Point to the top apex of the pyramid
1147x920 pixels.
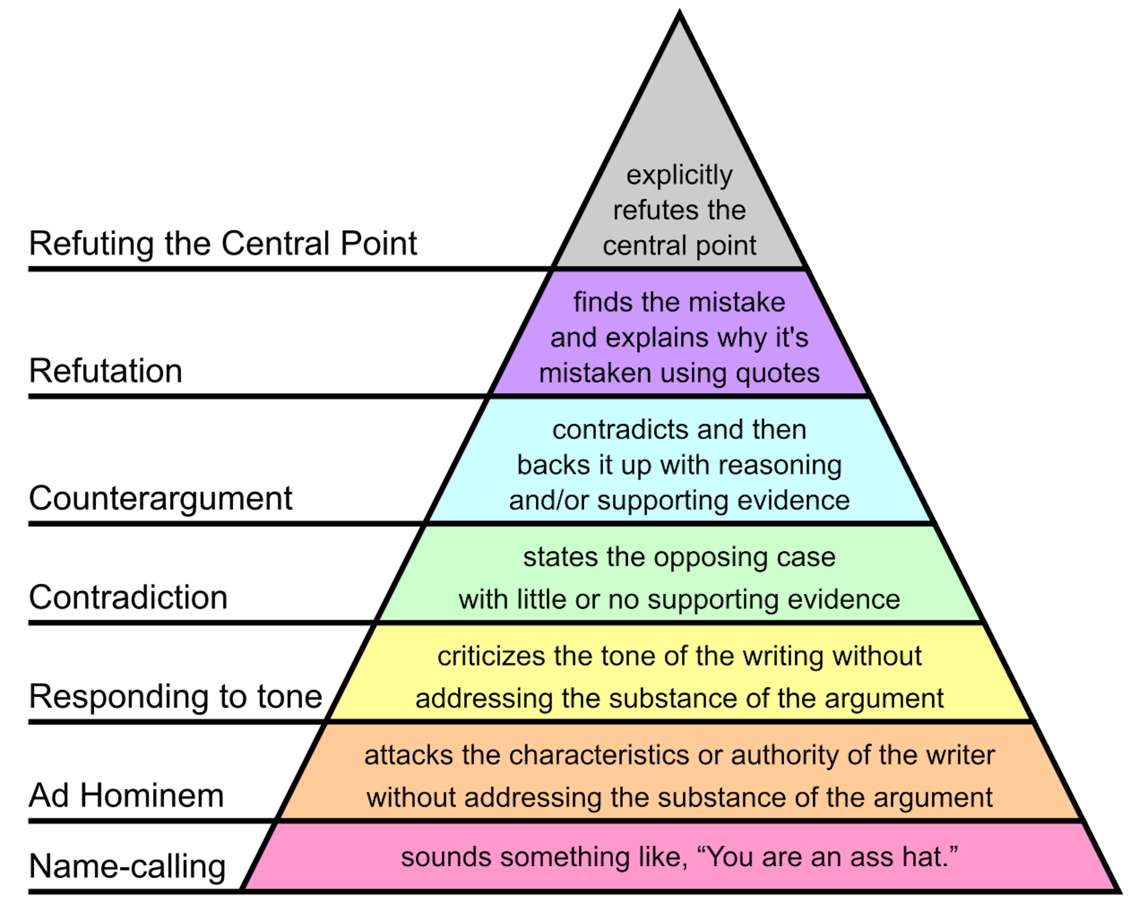[680, 22]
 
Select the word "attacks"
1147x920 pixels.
[408, 755]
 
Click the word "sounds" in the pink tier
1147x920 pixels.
[446, 857]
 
